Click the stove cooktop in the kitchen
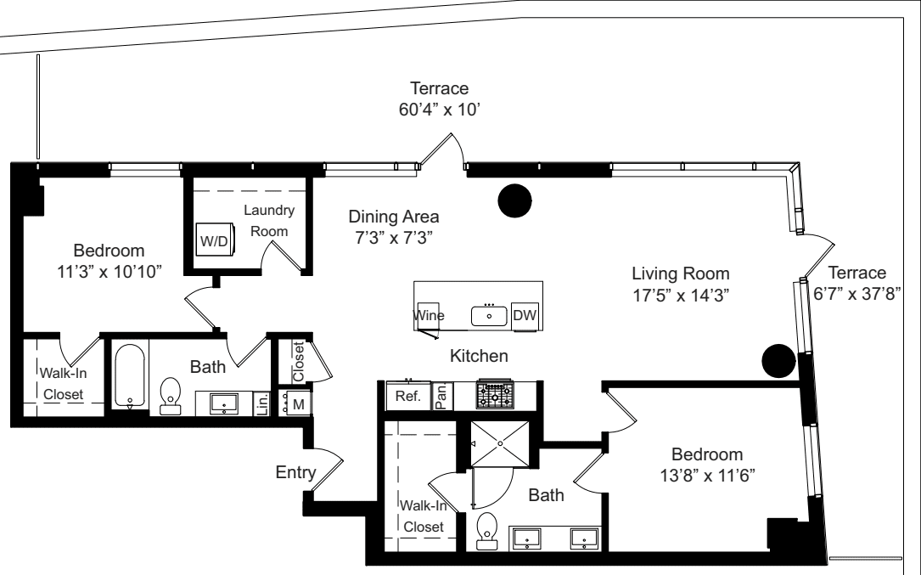click(x=494, y=395)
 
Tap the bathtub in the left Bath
click(x=129, y=375)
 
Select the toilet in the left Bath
click(x=171, y=396)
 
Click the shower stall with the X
click(x=498, y=443)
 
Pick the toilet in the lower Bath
click(x=487, y=527)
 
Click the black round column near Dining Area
click(x=514, y=200)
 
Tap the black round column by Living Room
click(x=778, y=361)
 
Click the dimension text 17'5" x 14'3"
click(x=680, y=295)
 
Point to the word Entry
click(x=295, y=472)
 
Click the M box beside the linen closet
click(x=298, y=404)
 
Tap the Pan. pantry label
click(x=441, y=395)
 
